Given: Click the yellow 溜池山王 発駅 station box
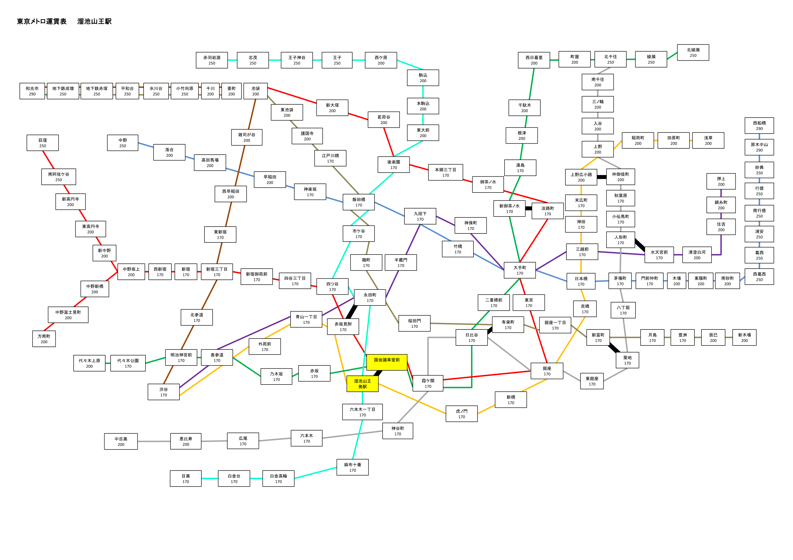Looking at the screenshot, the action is [362, 384].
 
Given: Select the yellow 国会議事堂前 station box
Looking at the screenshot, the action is [387, 362].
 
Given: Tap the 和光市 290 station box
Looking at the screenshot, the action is [32, 91].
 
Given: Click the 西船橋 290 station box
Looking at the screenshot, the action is [759, 126].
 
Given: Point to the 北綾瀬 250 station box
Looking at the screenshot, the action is [693, 52].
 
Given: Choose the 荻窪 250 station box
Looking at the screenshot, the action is [42, 143].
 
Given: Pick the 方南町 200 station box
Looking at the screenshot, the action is [44, 339].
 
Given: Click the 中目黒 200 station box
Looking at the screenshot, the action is [121, 442].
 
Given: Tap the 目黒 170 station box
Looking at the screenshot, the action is [186, 479].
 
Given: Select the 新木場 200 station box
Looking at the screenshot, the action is [744, 337].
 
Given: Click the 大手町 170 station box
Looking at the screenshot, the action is [520, 270].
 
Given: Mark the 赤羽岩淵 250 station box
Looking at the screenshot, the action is [212, 60].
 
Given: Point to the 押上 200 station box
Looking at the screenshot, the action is [721, 181].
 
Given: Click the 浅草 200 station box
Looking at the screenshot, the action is [708, 141].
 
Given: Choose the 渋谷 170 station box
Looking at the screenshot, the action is [164, 392].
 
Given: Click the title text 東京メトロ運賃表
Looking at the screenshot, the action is [42, 21].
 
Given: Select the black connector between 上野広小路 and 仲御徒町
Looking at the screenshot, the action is [602, 177].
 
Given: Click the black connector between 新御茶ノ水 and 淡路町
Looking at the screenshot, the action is [528, 208].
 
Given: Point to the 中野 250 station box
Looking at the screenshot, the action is [122, 143].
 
